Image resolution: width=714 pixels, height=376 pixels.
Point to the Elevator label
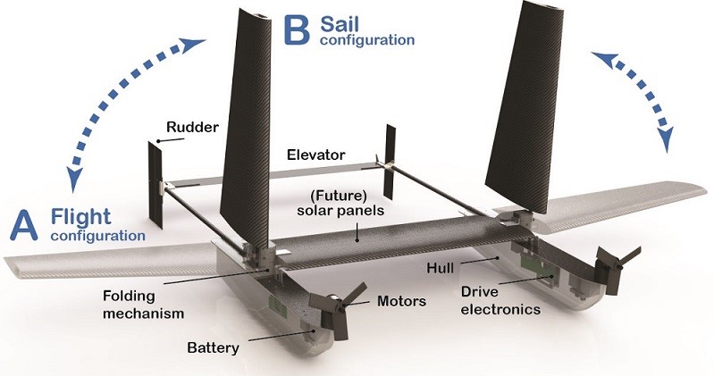tap(316, 154)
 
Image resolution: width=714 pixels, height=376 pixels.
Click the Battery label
tap(214, 347)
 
